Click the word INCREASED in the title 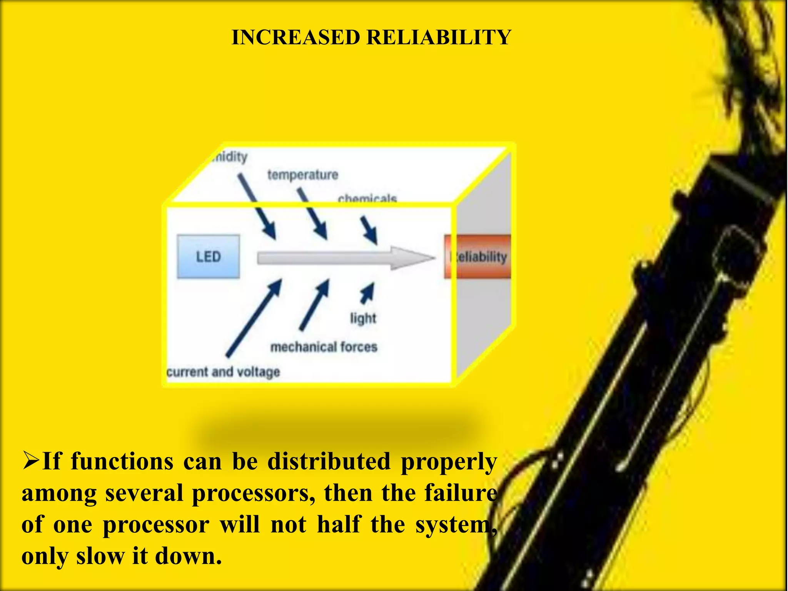tap(295, 38)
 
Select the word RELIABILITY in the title tap(439, 38)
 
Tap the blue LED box tap(208, 257)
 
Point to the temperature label tap(303, 175)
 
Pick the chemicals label tap(367, 199)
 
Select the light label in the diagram tap(363, 318)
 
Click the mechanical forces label tap(324, 347)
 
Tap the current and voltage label tap(223, 372)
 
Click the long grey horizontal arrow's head tap(412, 258)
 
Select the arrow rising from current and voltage tap(254, 317)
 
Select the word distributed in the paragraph tap(329, 461)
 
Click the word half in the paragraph tap(339, 524)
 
